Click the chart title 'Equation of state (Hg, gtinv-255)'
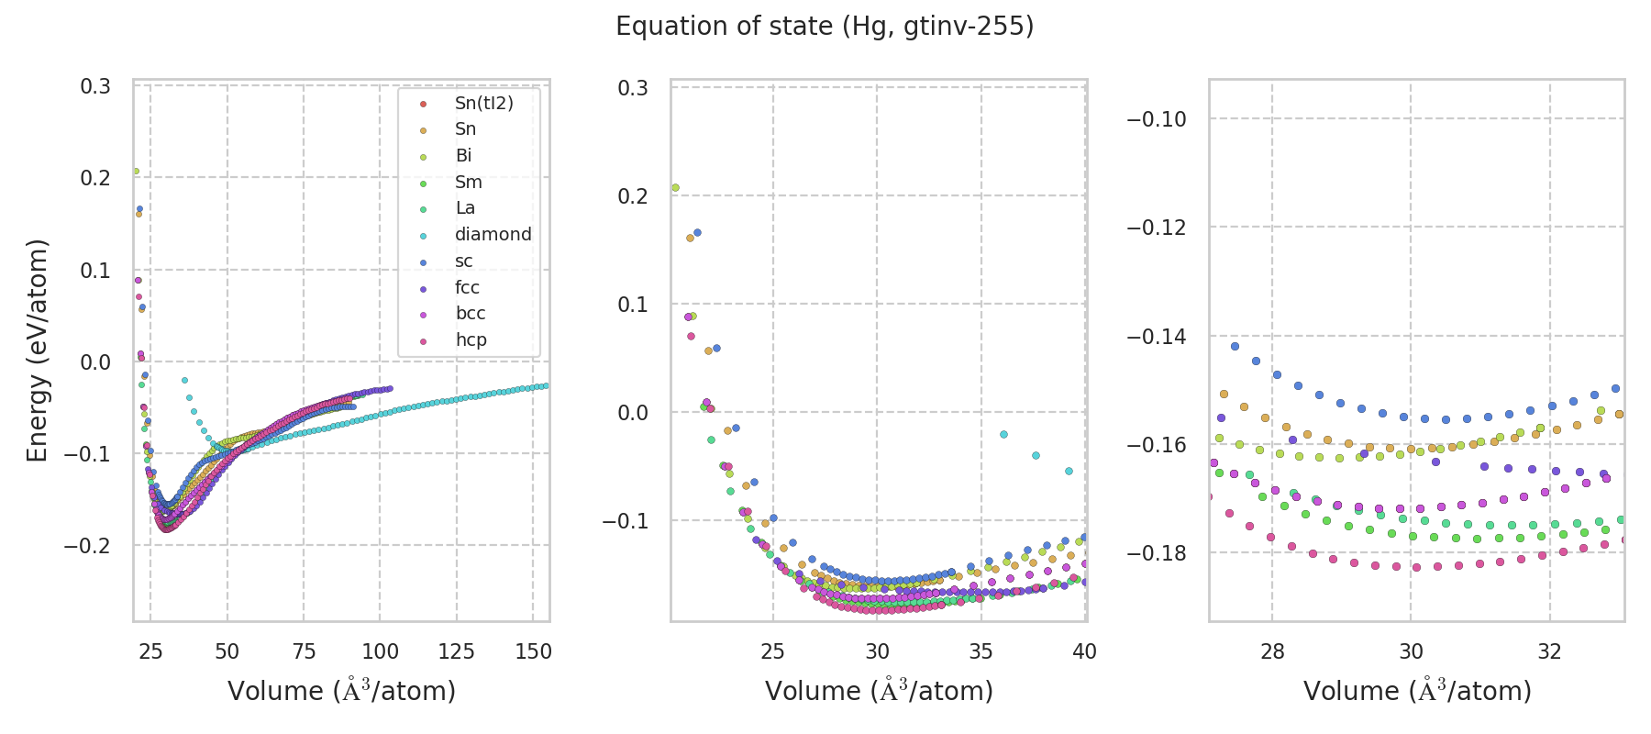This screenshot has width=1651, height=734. coord(825,27)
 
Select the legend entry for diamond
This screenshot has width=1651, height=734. coord(493,235)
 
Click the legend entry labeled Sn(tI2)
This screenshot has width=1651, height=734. coord(483,104)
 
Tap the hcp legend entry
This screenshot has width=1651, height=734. coord(471,340)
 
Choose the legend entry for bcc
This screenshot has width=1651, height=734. coord(470,314)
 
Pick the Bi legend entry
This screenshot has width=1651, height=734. coord(463,156)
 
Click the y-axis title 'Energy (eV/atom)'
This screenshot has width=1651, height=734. coord(37,350)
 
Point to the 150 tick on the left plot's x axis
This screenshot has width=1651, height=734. coord(533,651)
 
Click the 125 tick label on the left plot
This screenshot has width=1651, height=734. coord(457,651)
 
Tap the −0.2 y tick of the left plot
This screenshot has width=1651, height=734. coord(88,546)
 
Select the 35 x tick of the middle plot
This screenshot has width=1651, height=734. coord(981,651)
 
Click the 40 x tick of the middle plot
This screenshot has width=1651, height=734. coord(1084,651)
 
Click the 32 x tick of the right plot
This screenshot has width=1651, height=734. coord(1550,651)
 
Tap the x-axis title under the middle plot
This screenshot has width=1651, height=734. coord(879,691)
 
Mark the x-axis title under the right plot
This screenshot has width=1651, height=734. coord(1417,691)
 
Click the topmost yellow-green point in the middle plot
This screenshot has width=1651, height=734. coord(675,188)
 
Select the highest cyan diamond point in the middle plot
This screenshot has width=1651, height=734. coord(1003,434)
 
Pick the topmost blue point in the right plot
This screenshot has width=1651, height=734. coord(1235,346)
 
